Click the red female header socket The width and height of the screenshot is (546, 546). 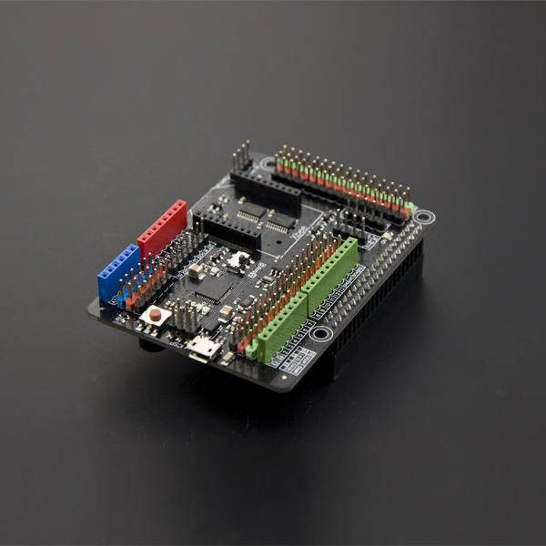(x=162, y=229)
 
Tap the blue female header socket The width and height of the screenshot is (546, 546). (x=118, y=272)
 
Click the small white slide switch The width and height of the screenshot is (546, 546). (x=239, y=260)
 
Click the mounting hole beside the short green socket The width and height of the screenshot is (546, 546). (x=320, y=334)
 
